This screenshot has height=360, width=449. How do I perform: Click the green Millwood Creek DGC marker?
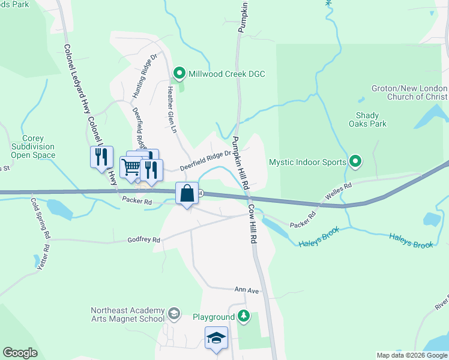click(x=179, y=74)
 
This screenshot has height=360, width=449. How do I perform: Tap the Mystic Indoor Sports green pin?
click(x=355, y=161)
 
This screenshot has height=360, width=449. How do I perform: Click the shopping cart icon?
click(x=131, y=167)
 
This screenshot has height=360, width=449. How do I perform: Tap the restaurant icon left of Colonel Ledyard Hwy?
click(x=101, y=157)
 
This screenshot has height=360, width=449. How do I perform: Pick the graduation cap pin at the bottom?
click(x=216, y=337)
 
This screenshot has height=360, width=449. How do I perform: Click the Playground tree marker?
click(x=243, y=316)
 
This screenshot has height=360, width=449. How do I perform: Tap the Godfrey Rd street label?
click(x=144, y=240)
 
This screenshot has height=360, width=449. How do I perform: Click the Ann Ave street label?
click(x=247, y=290)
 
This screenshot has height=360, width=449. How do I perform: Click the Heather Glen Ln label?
click(x=172, y=113)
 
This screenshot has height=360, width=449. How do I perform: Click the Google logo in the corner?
click(x=20, y=353)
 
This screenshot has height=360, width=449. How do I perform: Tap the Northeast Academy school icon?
click(x=174, y=313)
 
